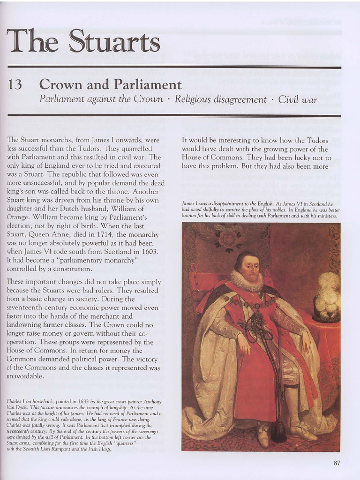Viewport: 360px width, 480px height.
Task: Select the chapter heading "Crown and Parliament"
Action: (x=110, y=84)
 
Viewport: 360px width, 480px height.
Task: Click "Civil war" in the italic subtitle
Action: (x=298, y=99)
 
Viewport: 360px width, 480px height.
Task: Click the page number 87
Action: (x=337, y=463)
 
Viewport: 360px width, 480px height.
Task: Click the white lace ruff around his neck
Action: (x=247, y=281)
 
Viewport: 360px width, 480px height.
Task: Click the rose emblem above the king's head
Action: (x=227, y=239)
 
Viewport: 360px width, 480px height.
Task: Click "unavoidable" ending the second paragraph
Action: (x=26, y=376)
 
